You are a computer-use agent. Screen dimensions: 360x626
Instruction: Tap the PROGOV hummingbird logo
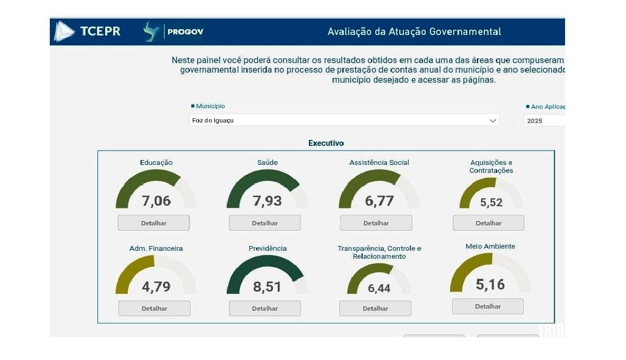click(152, 32)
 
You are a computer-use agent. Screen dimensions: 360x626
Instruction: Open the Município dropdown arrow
click(492, 120)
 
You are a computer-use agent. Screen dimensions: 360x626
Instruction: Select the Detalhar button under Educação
click(153, 223)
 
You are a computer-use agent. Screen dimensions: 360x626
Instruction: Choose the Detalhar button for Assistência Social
click(376, 223)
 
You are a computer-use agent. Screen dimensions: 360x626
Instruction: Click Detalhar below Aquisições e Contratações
click(488, 223)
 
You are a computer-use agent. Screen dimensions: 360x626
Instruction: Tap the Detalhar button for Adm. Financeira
click(154, 309)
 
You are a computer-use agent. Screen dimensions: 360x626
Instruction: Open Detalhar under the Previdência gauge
click(264, 309)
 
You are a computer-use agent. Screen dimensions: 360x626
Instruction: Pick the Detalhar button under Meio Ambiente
click(488, 306)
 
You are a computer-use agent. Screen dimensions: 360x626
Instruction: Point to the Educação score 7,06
click(156, 201)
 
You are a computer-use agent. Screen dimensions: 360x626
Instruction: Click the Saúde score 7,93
click(267, 201)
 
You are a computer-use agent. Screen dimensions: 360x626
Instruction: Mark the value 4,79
click(156, 287)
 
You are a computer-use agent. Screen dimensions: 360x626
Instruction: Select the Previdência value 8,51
click(267, 287)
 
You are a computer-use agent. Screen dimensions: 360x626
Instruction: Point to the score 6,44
click(379, 288)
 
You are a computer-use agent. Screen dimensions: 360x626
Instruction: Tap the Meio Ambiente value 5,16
click(490, 285)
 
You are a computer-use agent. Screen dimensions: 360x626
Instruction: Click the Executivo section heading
click(326, 143)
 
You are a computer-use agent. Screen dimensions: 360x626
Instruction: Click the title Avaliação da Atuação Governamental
click(414, 32)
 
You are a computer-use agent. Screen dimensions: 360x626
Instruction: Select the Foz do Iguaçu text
click(213, 121)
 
